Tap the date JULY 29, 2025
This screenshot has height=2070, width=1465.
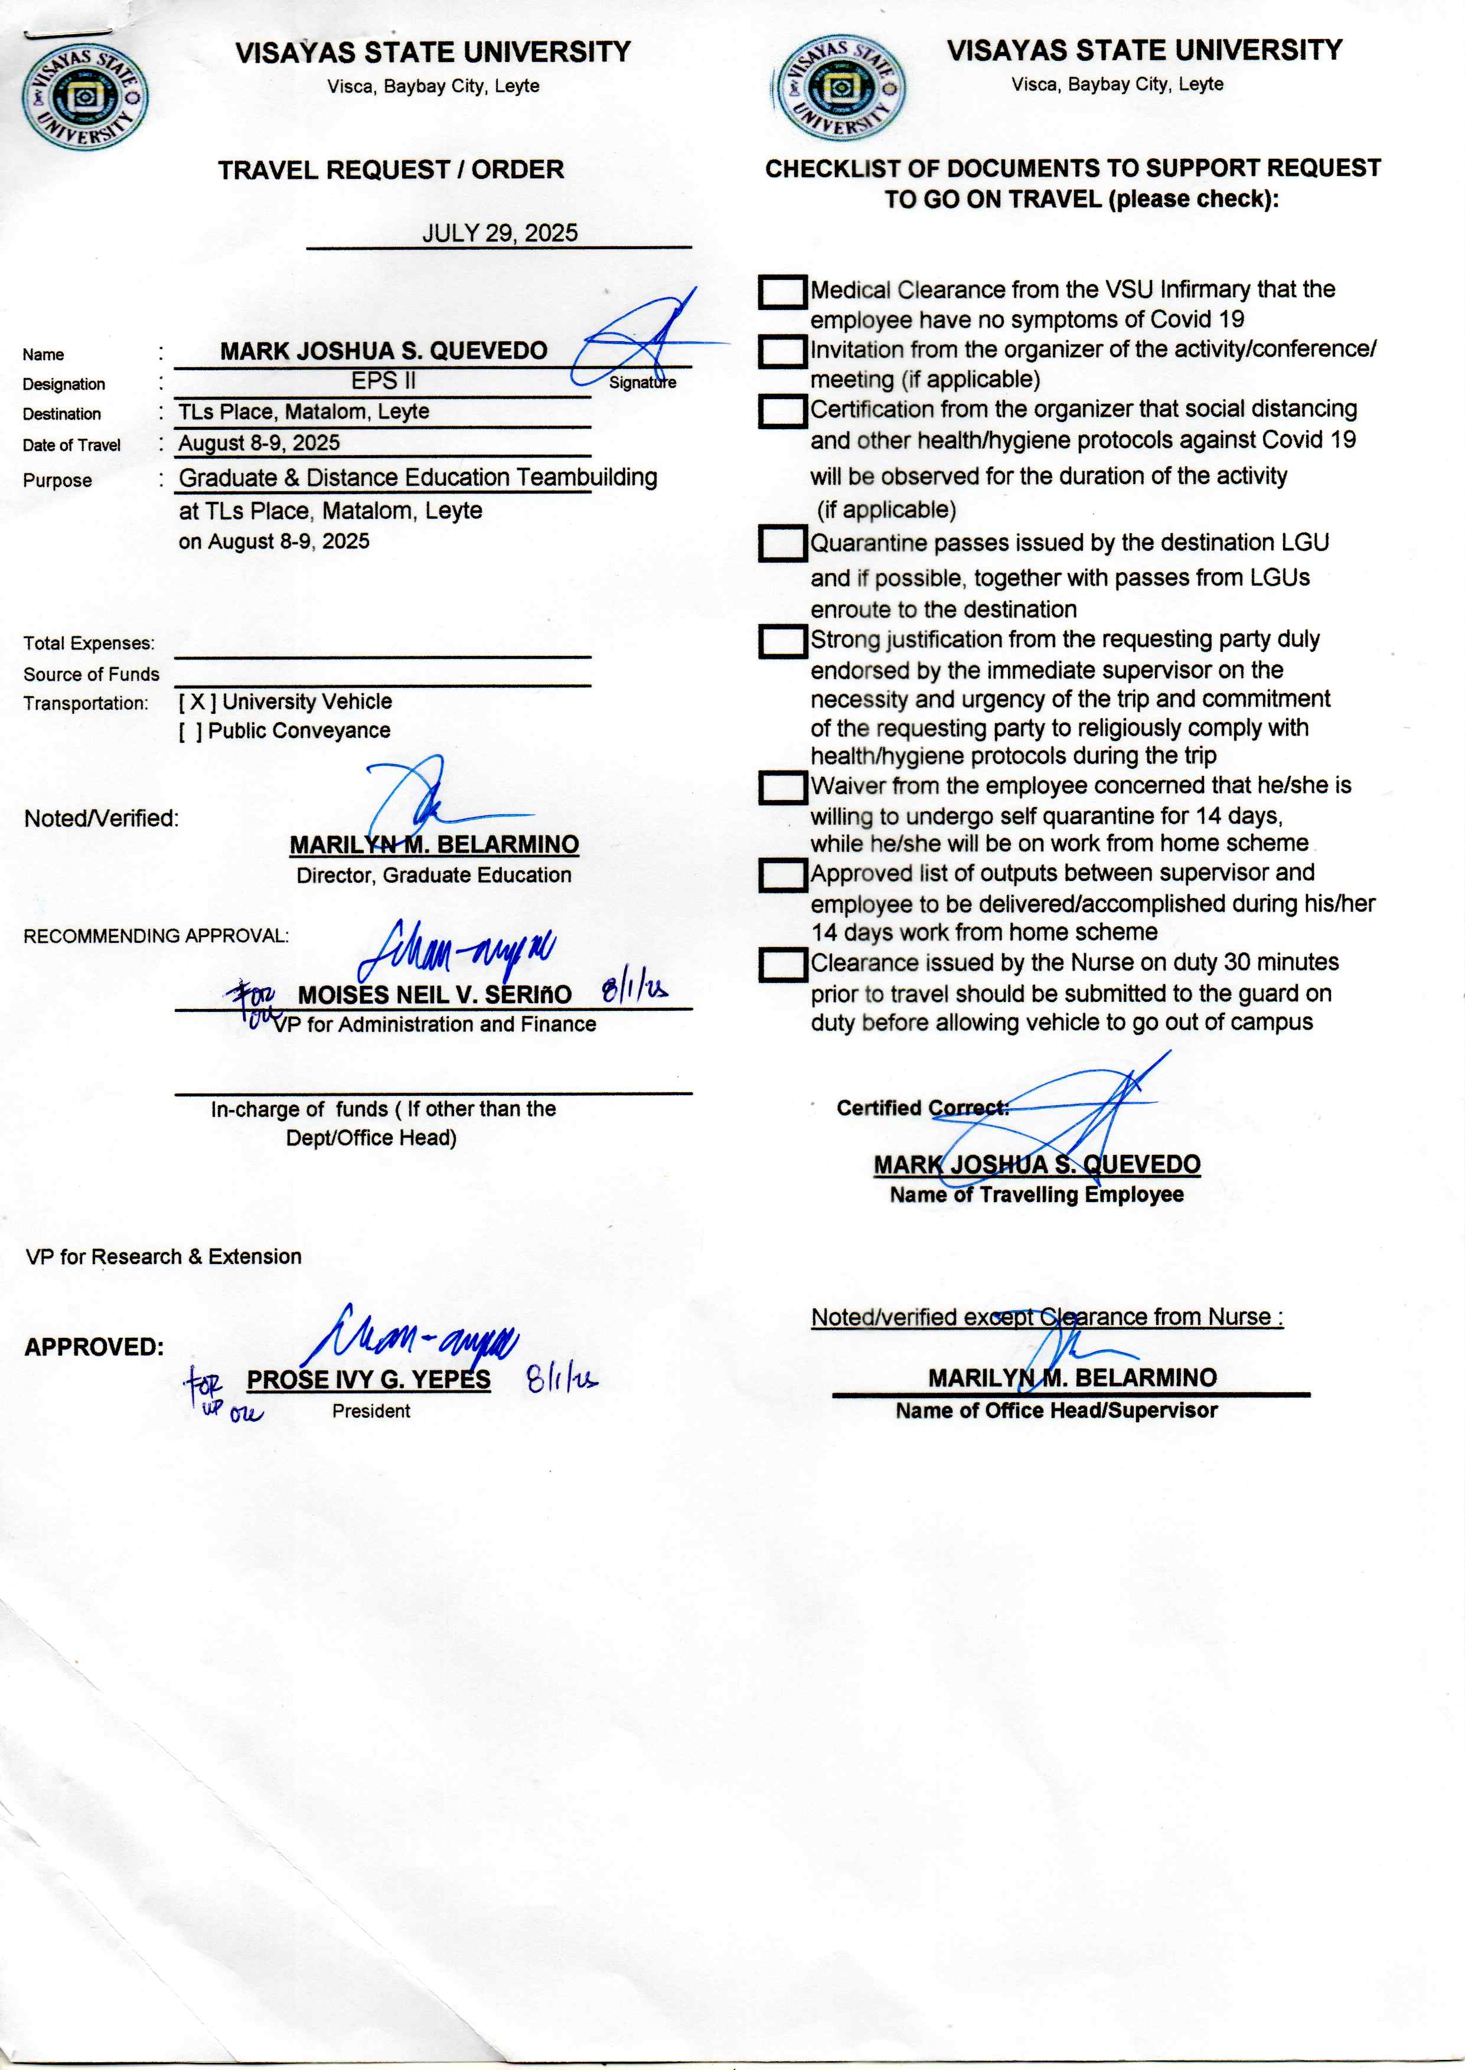500,233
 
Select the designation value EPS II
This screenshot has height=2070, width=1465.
383,381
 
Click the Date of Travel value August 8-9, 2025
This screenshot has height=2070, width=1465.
259,443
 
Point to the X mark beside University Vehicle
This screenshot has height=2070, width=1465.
197,702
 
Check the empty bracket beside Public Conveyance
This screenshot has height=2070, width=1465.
190,732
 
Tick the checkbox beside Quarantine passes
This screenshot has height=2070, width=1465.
782,544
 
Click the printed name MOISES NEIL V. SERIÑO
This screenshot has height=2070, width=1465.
435,995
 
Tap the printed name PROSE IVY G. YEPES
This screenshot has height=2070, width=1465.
369,1380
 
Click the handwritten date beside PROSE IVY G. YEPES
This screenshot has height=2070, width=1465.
561,1378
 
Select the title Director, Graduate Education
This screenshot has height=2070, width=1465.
434,875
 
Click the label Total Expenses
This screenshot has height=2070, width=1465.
89,643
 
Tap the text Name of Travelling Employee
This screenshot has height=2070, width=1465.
1036,1195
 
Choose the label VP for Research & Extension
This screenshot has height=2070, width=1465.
164,1256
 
